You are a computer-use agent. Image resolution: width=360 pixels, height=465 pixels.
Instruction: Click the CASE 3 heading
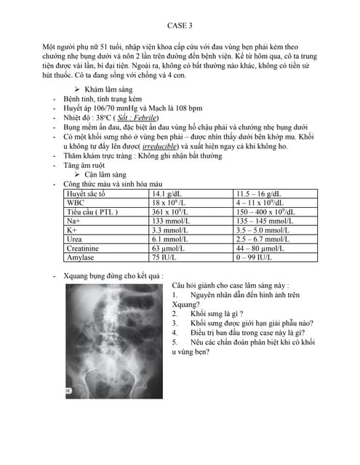pos(180,24)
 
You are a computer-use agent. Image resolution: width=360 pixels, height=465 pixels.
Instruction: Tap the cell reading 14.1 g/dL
pos(167,194)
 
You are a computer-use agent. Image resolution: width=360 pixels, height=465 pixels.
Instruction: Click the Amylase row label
pos(81,257)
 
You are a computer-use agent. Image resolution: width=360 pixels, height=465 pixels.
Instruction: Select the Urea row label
pos(74,239)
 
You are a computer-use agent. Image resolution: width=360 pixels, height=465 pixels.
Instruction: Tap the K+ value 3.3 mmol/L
pos(170,230)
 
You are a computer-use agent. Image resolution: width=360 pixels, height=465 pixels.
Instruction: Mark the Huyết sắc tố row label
pos(86,194)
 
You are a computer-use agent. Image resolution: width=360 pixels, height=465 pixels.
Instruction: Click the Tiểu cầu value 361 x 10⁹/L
pos(171,212)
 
